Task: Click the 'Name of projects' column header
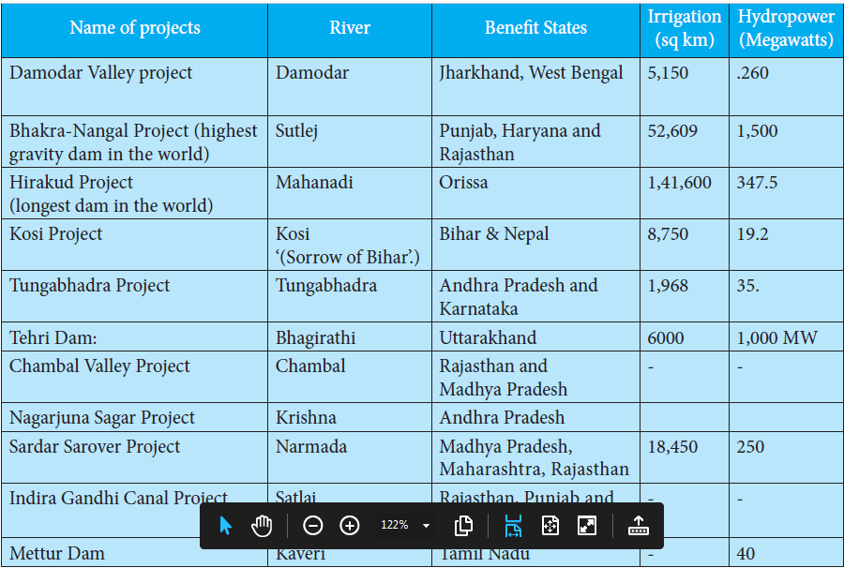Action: [x=134, y=28]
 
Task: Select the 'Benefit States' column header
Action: [x=535, y=28]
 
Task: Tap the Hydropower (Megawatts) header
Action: [x=785, y=29]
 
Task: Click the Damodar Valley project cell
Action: [x=101, y=73]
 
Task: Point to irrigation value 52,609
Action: [x=672, y=131]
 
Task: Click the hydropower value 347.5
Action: [x=757, y=183]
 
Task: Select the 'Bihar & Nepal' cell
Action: [x=494, y=234]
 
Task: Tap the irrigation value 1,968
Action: [x=668, y=286]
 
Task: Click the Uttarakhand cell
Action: [x=488, y=337]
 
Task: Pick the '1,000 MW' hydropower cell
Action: [x=776, y=337]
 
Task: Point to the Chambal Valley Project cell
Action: [x=99, y=366]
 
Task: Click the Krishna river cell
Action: [x=307, y=418]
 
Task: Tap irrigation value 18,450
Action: [x=672, y=447]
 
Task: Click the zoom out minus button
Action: [x=313, y=526]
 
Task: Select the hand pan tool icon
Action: [x=262, y=526]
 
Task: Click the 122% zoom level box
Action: [x=404, y=526]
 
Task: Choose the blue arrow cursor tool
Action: [x=225, y=526]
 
